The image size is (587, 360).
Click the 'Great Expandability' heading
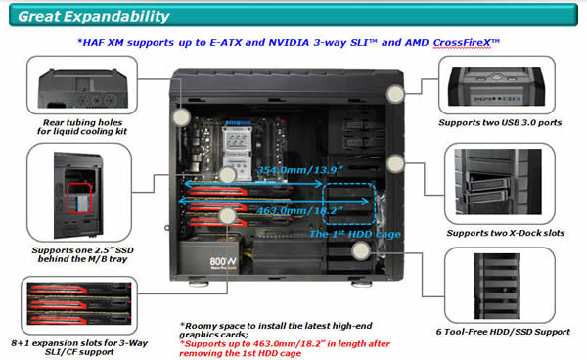[x=94, y=16]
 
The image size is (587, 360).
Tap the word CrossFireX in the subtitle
[x=462, y=43]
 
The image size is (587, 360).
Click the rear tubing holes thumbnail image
[x=83, y=88]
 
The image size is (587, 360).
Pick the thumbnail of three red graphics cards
[x=79, y=304]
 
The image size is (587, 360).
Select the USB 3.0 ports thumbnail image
[x=496, y=86]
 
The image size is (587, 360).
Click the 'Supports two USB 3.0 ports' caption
[x=500, y=122]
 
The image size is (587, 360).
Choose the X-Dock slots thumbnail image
[x=498, y=182]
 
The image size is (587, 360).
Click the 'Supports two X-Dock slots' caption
[x=506, y=233]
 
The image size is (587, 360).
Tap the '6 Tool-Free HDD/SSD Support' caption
[x=503, y=332]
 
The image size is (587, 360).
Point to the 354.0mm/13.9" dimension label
[x=300, y=170]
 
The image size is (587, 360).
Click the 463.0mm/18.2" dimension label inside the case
[x=300, y=211]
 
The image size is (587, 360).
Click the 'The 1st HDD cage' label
[x=355, y=234]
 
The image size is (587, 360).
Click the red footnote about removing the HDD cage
[x=285, y=349]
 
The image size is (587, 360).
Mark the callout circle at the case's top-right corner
[x=395, y=94]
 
